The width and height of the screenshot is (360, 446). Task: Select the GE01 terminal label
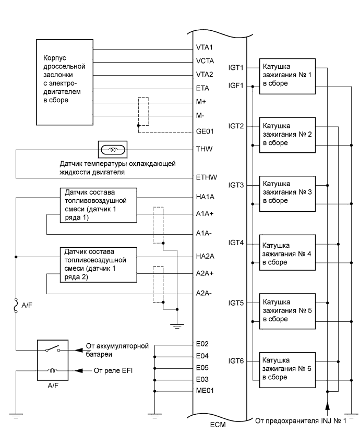pyautogui.click(x=205, y=132)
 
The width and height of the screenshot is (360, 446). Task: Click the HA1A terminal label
pyautogui.click(x=205, y=198)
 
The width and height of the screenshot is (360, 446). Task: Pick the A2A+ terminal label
pyautogui.click(x=205, y=273)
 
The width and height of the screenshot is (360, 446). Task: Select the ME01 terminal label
pyautogui.click(x=205, y=390)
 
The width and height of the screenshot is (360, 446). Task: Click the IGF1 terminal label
pyautogui.click(x=236, y=86)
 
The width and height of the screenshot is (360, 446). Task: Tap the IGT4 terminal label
pyautogui.click(x=236, y=244)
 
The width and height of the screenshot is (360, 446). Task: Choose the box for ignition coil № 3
pyautogui.click(x=287, y=192)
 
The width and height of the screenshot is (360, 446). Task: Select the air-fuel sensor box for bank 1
pyautogui.click(x=98, y=206)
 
